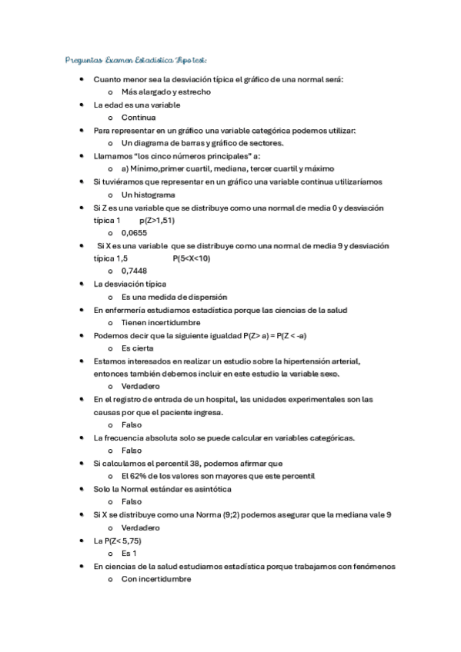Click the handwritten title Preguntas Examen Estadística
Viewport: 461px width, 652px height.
pos(135,59)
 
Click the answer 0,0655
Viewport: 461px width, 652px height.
pos(134,232)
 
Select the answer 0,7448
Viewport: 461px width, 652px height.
pos(134,271)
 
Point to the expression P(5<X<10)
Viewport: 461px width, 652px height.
pos(192,258)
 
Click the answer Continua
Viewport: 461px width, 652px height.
pos(139,118)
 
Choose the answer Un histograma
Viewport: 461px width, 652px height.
pos(148,195)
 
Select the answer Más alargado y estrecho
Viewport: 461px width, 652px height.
pos(166,92)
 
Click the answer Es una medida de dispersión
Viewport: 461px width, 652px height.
pos(174,297)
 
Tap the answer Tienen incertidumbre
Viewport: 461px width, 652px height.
pos(160,323)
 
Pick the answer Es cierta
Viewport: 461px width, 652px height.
pos(138,348)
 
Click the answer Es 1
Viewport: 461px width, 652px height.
pos(129,554)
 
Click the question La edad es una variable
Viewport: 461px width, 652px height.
pos(137,105)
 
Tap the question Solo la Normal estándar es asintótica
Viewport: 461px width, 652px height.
pos(162,489)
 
